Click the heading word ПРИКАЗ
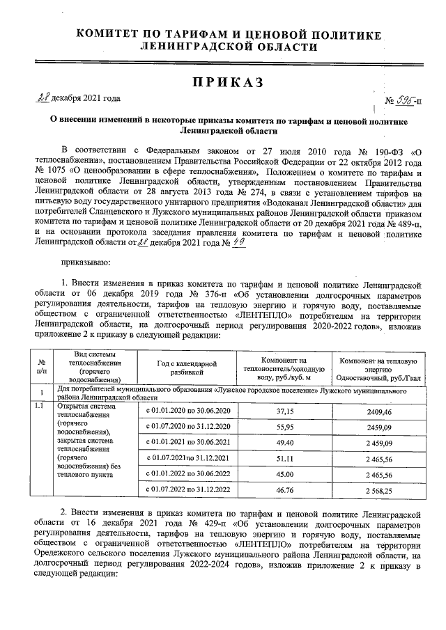pyautogui.click(x=228, y=83)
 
